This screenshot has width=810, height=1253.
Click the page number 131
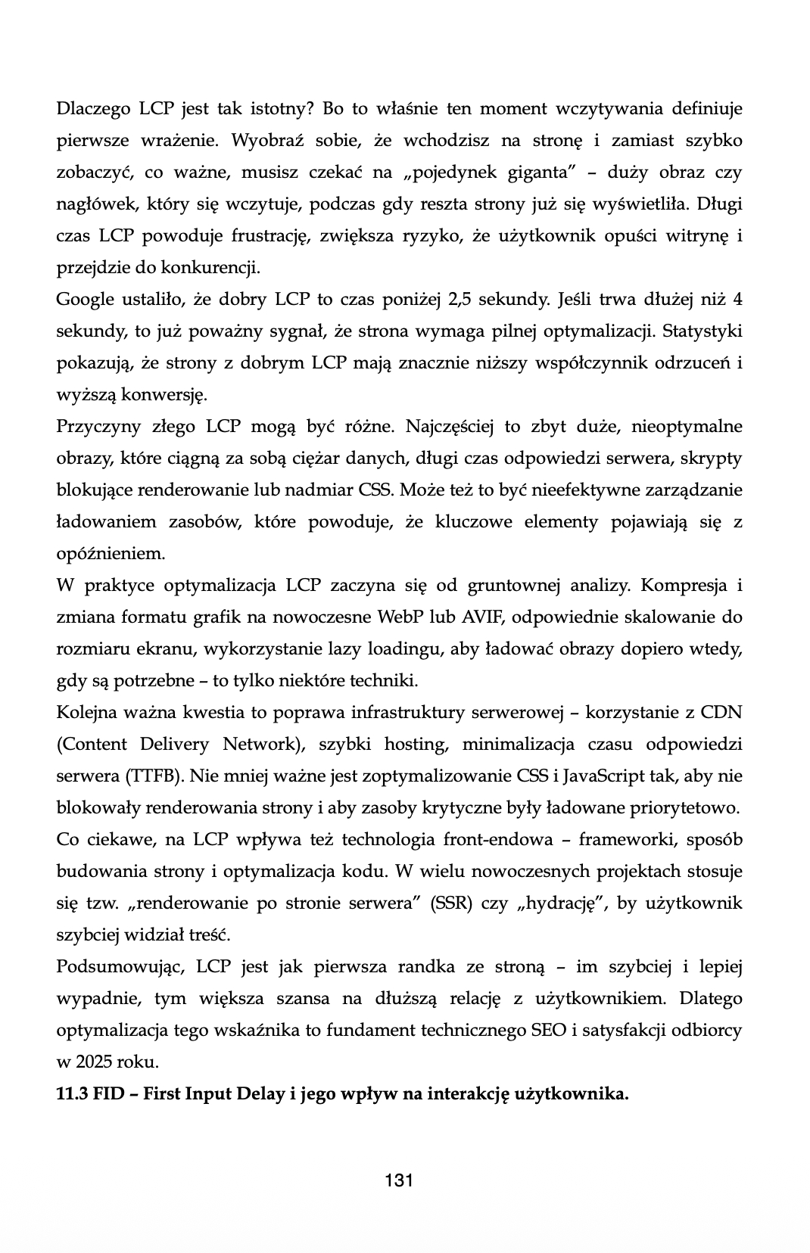pyautogui.click(x=398, y=1180)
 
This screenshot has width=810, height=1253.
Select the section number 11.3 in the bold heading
pyautogui.click(x=72, y=1094)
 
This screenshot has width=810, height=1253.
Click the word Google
pyautogui.click(x=84, y=300)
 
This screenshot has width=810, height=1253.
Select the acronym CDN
pyautogui.click(x=721, y=713)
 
